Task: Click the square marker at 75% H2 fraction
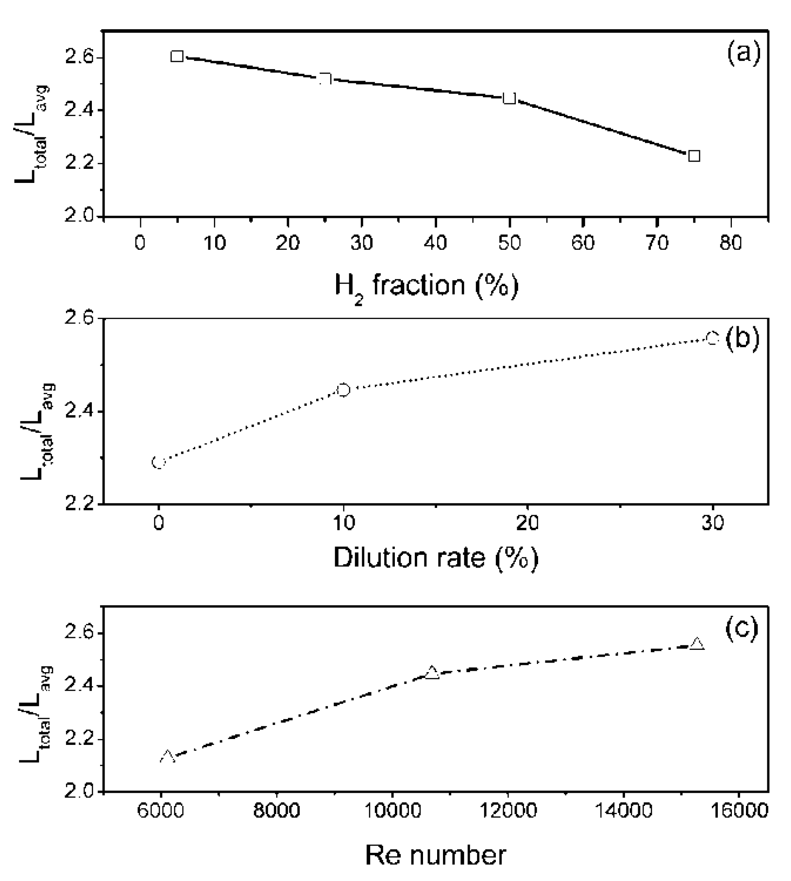tap(693, 156)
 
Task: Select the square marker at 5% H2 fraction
tap(177, 56)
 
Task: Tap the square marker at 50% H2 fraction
tap(509, 98)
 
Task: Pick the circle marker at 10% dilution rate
tap(343, 390)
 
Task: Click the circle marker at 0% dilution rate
tap(158, 462)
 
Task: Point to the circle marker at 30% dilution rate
tap(712, 338)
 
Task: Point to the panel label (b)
tap(742, 339)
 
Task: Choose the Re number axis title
tap(435, 855)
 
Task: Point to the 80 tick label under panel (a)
tap(731, 243)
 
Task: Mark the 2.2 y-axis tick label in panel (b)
tap(79, 504)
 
